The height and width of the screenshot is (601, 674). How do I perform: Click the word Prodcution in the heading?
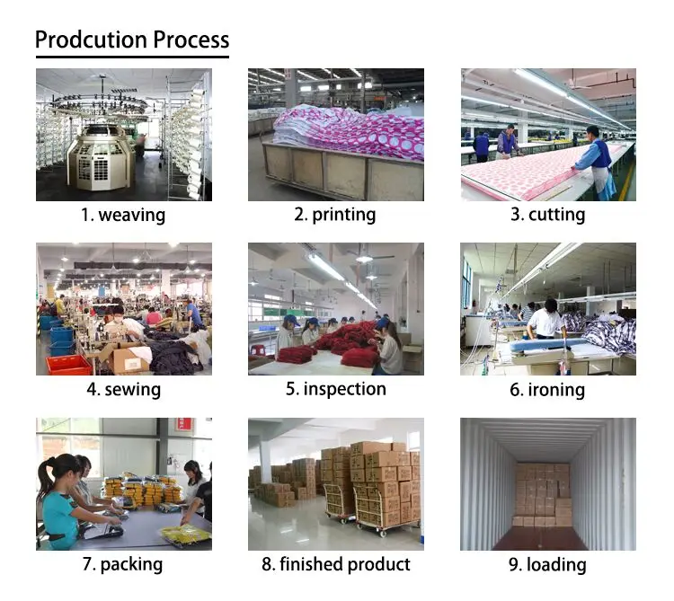point(91,40)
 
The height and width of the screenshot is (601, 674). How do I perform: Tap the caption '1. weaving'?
point(123,215)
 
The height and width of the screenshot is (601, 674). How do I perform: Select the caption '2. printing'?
point(335,215)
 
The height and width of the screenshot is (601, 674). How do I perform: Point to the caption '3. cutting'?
point(547,215)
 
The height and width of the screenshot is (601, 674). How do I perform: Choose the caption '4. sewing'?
point(123,389)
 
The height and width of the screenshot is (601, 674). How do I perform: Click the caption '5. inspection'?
point(335,389)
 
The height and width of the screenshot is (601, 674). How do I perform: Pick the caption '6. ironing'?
point(547,389)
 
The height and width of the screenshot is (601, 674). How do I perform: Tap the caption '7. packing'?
point(123,564)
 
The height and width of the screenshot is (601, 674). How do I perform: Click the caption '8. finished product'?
point(335,564)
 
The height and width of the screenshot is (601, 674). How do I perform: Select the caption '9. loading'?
point(547,564)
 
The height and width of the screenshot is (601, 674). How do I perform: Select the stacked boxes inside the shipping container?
point(543,494)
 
